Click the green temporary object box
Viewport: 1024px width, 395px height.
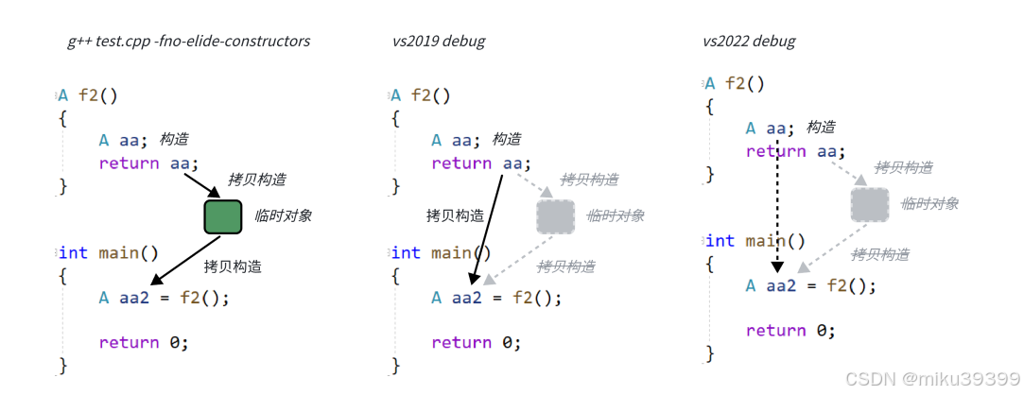(223, 216)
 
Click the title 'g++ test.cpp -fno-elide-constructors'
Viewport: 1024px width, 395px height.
(188, 42)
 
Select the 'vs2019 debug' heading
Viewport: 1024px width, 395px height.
(440, 42)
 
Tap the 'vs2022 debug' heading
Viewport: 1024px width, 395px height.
(749, 42)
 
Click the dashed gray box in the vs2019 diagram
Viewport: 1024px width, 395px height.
(556, 216)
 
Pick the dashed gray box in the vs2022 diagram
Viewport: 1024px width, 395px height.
(869, 205)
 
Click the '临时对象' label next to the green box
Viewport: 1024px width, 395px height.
(283, 216)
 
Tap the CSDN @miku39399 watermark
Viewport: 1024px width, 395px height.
(931, 379)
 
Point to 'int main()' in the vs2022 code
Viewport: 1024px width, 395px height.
(755, 241)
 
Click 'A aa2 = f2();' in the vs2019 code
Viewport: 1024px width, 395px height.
(496, 298)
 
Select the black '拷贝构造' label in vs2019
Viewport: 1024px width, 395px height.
(455, 216)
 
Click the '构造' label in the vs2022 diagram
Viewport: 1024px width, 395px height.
(820, 128)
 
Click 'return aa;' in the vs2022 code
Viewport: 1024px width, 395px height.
(794, 151)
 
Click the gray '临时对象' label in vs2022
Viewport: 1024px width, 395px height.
(929, 204)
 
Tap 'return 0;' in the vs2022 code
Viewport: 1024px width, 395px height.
(790, 331)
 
